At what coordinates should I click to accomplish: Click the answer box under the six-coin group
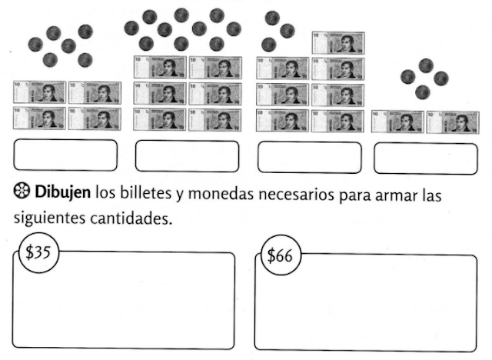click(x=65, y=155)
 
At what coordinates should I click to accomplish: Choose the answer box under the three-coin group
click(x=309, y=157)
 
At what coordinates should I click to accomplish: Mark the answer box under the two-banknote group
click(x=425, y=158)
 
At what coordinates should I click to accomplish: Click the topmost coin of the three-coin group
click(x=271, y=17)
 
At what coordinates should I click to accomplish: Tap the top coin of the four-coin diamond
click(x=424, y=65)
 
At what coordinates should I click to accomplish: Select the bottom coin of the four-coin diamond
click(x=422, y=92)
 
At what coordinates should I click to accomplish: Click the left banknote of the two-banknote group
click(x=397, y=122)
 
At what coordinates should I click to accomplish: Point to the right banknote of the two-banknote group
click(x=452, y=122)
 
